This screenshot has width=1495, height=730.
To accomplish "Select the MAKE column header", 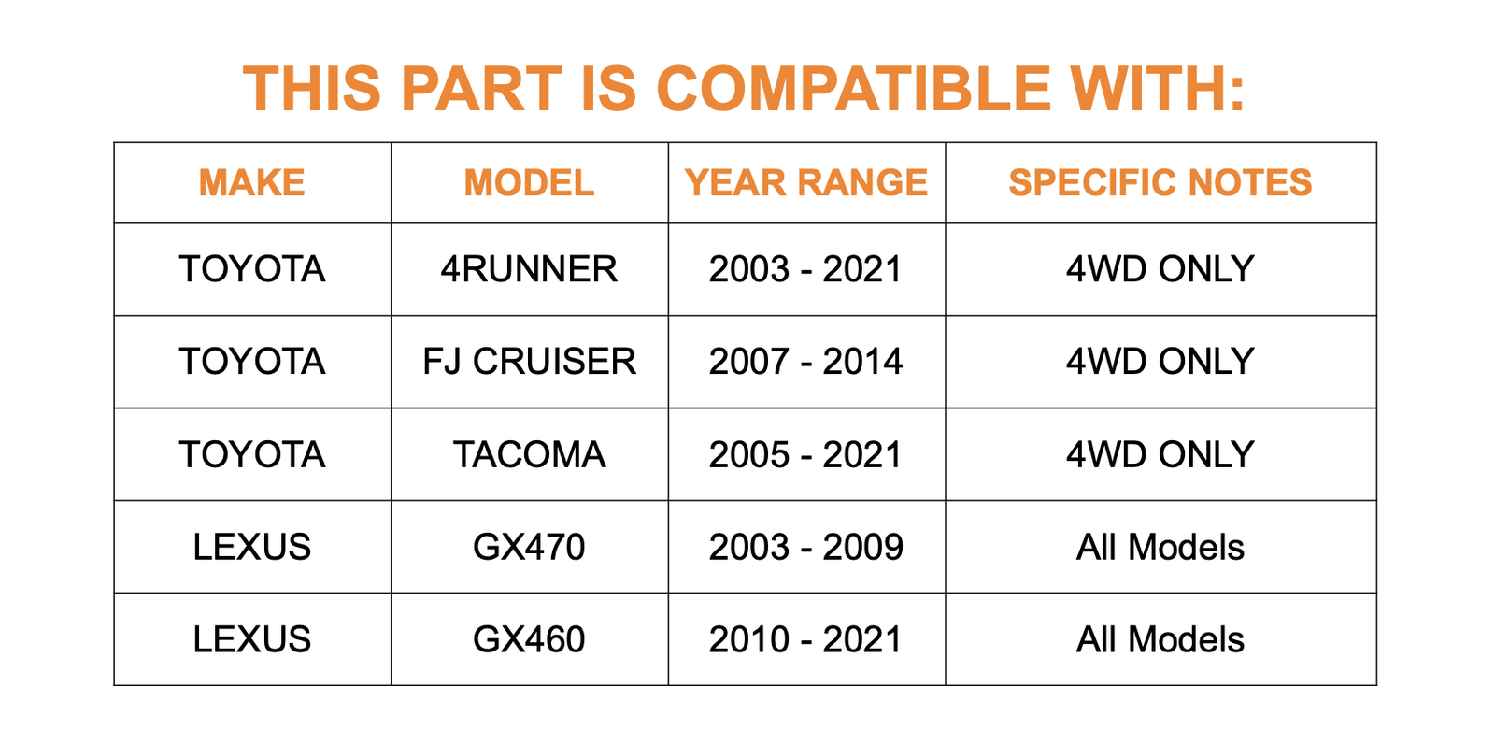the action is coord(251,182).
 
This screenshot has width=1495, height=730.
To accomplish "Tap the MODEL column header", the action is coord(529,182).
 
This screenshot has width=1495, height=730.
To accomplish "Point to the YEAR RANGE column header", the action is coord(806,182).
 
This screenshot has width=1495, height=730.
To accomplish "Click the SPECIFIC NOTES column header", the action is coord(1160,182).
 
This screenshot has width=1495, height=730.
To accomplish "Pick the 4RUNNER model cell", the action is coord(529,269).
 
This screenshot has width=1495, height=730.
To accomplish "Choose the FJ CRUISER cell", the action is coord(529,362).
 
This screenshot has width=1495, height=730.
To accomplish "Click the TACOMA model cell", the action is coord(529,454).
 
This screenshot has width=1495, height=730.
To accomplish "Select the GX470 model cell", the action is coord(529,547).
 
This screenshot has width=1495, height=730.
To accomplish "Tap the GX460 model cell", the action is coord(529,639).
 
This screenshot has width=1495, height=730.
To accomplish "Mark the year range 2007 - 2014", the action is coord(806,362).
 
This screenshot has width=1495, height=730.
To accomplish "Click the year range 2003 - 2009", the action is coord(806,547).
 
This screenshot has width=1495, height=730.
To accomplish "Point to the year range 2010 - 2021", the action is coord(806,639).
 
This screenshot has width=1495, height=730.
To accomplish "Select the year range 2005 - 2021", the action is coord(806,454).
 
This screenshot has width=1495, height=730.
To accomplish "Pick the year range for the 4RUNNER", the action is coord(806,269).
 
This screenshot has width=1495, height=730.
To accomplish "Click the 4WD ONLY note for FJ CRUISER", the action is coord(1160,362).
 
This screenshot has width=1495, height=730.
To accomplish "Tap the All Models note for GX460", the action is coord(1160,639).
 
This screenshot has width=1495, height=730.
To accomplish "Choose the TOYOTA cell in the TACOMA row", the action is coord(251,454).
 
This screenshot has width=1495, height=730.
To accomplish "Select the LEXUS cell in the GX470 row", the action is coord(251,547).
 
